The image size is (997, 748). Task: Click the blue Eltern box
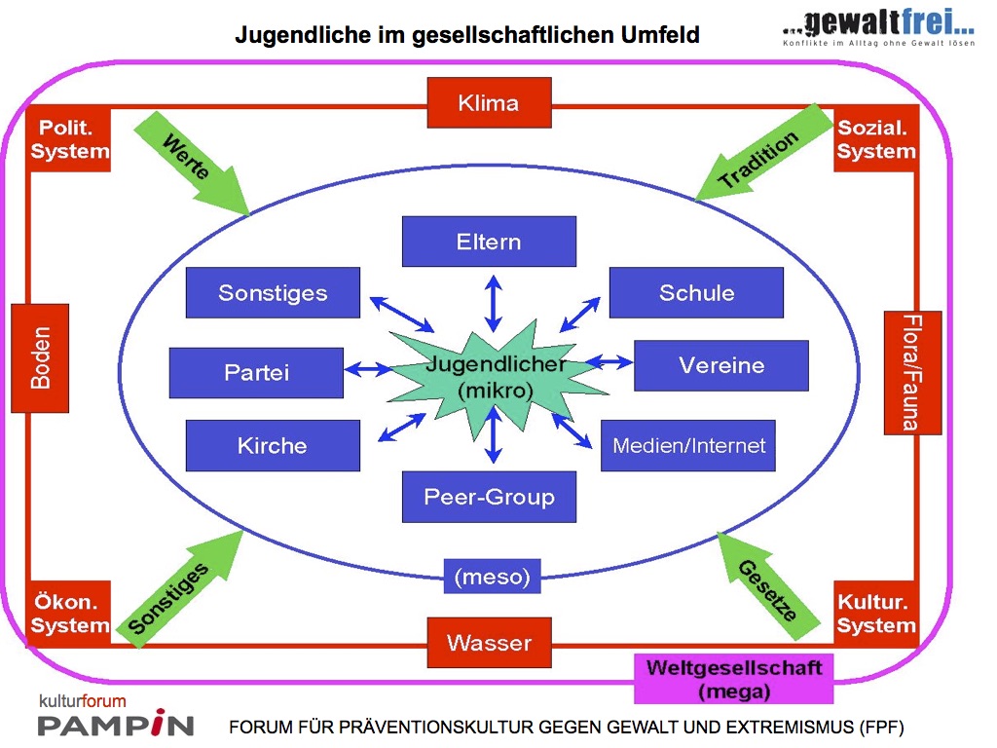click(489, 242)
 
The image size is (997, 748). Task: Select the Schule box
click(696, 292)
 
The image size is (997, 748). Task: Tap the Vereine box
click(720, 365)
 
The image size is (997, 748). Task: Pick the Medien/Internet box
click(688, 446)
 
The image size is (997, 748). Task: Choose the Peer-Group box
click(489, 497)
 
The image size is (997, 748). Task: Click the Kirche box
click(273, 446)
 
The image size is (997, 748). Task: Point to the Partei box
click(256, 373)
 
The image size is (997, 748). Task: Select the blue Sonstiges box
click(273, 292)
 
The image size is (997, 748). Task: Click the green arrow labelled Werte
click(195, 161)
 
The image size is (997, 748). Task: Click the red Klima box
click(489, 102)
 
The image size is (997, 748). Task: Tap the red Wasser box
click(489, 643)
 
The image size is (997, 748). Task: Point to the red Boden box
click(40, 357)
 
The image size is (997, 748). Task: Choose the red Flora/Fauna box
click(912, 372)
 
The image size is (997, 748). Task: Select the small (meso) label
click(492, 577)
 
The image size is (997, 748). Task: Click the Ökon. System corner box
click(69, 614)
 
